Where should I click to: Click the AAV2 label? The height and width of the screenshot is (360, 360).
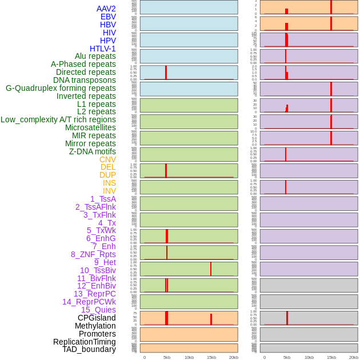tap(106, 9)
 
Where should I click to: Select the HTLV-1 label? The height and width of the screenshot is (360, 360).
tap(102, 49)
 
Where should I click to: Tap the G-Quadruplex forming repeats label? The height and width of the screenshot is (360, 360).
tap(61, 88)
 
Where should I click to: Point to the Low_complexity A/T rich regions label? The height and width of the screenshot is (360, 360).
tap(58, 119)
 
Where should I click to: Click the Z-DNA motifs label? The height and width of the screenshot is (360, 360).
tap(92, 151)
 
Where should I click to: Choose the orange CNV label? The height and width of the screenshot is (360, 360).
tap(107, 159)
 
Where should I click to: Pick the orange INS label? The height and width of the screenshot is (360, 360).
tap(109, 183)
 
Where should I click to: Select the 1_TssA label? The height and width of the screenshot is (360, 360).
tap(103, 199)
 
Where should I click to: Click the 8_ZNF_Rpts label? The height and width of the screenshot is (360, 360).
tap(93, 254)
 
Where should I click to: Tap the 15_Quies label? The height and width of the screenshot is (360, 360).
tap(98, 310)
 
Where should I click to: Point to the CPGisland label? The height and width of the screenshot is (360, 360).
tap(97, 318)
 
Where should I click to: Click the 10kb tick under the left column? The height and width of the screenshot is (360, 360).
tap(189, 357)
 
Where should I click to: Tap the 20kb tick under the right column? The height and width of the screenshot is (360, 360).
tap(353, 357)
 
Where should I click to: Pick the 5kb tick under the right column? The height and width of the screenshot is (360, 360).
tap(287, 357)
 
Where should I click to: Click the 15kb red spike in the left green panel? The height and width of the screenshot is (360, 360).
tap(211, 269)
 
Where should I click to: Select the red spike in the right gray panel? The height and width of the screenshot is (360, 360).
tap(287, 318)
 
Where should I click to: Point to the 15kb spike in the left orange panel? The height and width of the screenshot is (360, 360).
tap(211, 319)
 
